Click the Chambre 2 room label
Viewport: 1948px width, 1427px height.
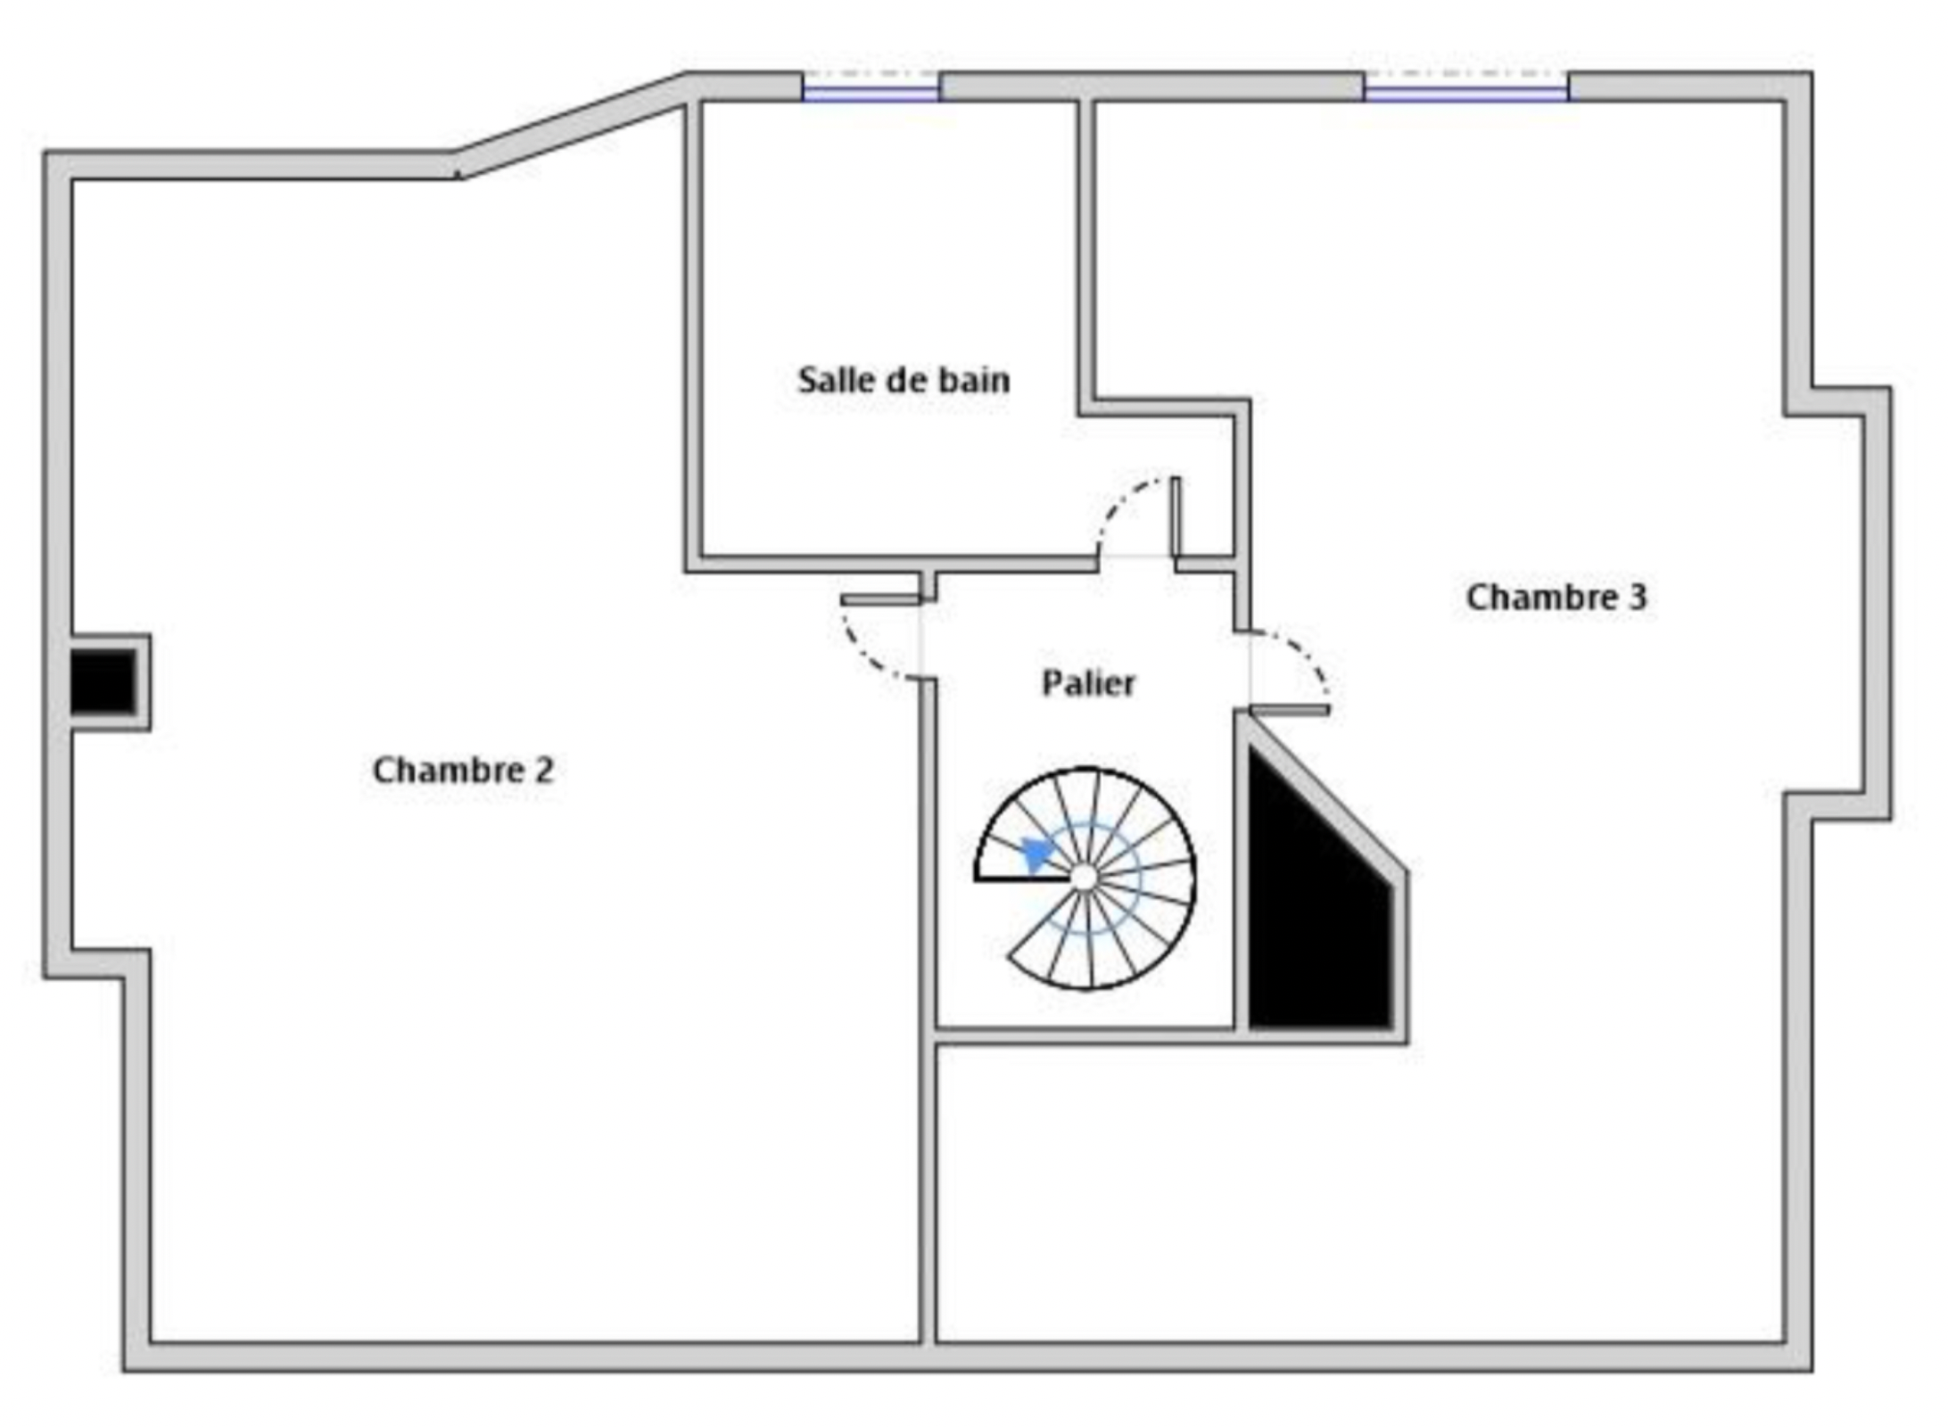(463, 771)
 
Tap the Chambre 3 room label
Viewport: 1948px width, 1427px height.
(1556, 598)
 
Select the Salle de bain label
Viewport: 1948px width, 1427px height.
(904, 380)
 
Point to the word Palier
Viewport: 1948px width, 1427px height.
(1088, 684)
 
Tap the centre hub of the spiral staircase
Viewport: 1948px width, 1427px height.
(1084, 878)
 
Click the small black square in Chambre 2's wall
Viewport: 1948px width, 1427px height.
(103, 681)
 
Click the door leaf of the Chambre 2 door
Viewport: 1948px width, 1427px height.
(880, 600)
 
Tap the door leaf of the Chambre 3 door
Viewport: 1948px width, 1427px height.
(1290, 711)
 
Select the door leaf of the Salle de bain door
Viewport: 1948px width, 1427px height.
(1176, 517)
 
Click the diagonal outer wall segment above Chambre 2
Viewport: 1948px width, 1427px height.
(571, 125)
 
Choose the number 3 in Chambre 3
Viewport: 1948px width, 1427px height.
(1638, 598)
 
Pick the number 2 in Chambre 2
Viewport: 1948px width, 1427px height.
(544, 771)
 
